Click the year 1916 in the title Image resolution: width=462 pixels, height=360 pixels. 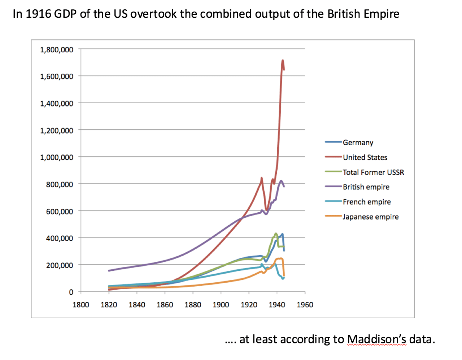point(38,14)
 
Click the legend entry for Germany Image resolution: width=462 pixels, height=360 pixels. point(358,143)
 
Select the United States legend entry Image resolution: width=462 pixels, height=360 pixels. point(365,157)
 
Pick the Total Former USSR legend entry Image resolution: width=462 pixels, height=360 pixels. point(373,172)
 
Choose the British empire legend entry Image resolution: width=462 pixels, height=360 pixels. point(366,187)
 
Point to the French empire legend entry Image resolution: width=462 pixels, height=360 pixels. point(367,202)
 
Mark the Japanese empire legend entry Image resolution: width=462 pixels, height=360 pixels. point(370,217)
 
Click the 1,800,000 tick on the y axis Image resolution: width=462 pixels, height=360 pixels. point(57,50)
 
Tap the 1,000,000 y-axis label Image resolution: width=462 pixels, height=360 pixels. point(57,157)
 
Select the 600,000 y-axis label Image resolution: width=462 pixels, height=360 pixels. point(60,211)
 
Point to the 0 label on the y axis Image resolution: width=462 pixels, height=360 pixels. point(71,292)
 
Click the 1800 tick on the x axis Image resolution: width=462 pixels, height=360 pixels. point(81,305)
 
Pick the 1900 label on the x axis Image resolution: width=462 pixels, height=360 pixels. point(221,305)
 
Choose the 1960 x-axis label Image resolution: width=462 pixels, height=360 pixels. point(305,305)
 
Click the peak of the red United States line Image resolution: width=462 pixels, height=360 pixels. point(283,60)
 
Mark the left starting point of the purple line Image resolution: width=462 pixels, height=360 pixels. point(109,270)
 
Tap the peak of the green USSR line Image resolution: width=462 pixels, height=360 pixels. point(276,234)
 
